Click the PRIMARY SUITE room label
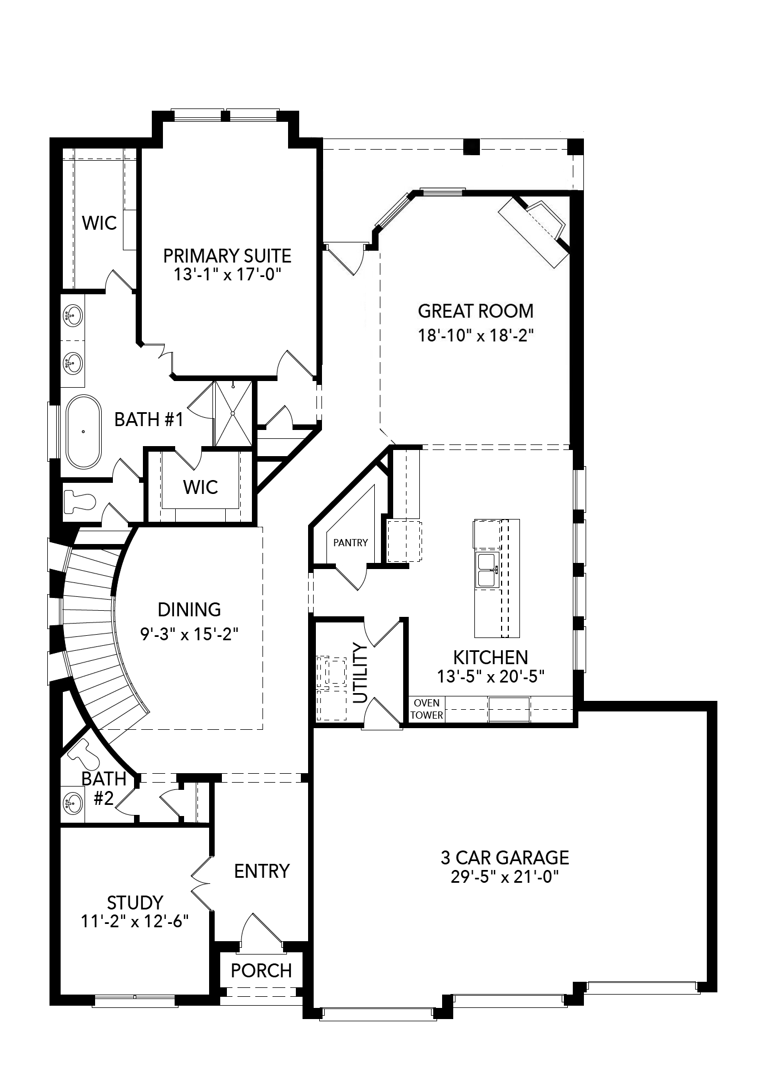227,256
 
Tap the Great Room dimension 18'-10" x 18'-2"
475,335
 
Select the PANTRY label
350,542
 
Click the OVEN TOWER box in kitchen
427,709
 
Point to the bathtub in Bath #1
84,431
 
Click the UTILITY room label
360,673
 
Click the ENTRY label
262,871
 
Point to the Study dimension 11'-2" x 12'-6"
135,921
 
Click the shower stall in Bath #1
232,413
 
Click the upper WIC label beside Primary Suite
100,223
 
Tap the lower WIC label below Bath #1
200,487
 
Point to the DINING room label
189,609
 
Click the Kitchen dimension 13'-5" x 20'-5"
490,676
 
